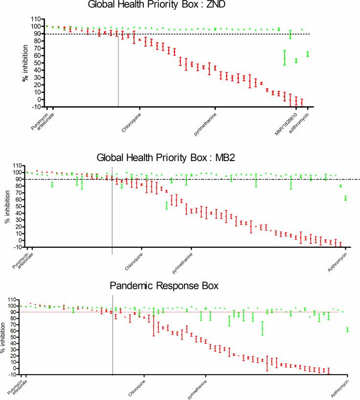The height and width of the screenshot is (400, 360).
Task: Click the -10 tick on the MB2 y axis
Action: (18, 247)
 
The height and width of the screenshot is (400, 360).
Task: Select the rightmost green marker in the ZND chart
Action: (308, 54)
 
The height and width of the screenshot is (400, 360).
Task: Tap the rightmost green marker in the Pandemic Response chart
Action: (347, 330)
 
